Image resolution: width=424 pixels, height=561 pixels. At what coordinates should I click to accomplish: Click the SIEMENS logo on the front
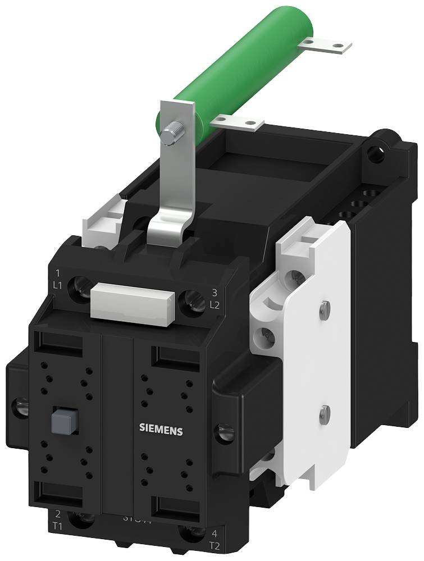pyautogui.click(x=161, y=431)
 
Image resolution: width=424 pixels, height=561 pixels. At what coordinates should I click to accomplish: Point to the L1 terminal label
pyautogui.click(x=57, y=285)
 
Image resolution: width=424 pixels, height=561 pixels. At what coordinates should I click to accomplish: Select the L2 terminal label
pyautogui.click(x=213, y=305)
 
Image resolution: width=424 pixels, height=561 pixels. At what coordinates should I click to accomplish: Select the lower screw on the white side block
pyautogui.click(x=324, y=414)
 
